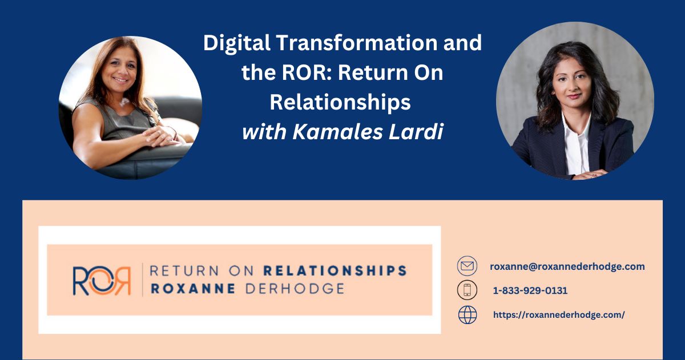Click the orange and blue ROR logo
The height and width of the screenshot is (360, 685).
tap(102, 280)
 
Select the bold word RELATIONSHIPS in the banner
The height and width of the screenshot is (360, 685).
tap(335, 270)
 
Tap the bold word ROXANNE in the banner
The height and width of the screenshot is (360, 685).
tap(192, 289)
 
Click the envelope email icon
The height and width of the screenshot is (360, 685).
tap(467, 266)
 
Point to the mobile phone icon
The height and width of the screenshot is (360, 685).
tap(467, 290)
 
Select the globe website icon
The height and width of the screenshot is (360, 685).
tap(467, 315)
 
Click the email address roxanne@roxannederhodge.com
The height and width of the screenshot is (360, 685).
tap(567, 266)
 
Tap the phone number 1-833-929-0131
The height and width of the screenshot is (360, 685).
tap(530, 290)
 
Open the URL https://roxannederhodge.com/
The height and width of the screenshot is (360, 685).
tap(559, 315)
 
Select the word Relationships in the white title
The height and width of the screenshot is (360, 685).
tap(340, 103)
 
